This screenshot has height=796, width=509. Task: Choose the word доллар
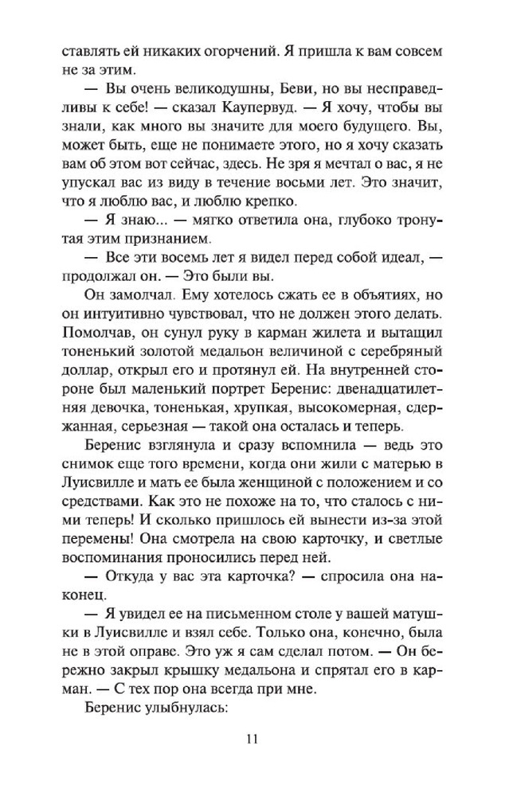click(84, 376)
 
